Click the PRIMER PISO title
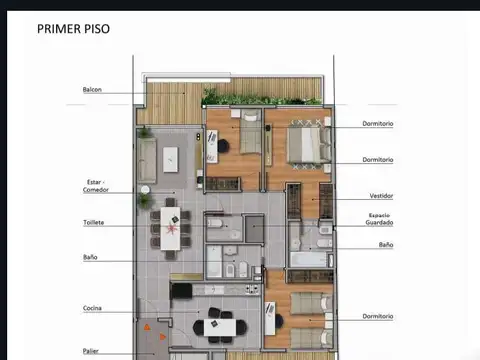73,29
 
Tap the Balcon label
92,90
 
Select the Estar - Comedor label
96,185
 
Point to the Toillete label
93,222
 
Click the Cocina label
92,308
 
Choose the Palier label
91,351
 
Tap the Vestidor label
381,196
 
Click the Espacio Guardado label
379,219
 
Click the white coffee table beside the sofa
170,158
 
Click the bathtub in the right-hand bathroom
309,259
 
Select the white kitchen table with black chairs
219,324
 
